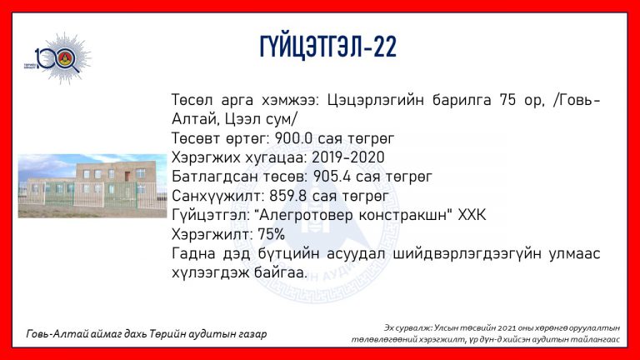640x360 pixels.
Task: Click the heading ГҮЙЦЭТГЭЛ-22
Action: click(x=328, y=47)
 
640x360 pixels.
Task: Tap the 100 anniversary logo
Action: click(x=57, y=58)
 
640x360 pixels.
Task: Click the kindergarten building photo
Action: click(x=92, y=186)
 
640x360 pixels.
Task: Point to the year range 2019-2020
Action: click(x=347, y=157)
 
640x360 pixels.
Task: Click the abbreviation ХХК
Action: click(x=472, y=215)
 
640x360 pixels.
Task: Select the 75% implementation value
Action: click(x=271, y=235)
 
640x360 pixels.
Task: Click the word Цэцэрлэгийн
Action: click(x=376, y=100)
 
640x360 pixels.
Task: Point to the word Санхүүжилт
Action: click(x=218, y=197)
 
